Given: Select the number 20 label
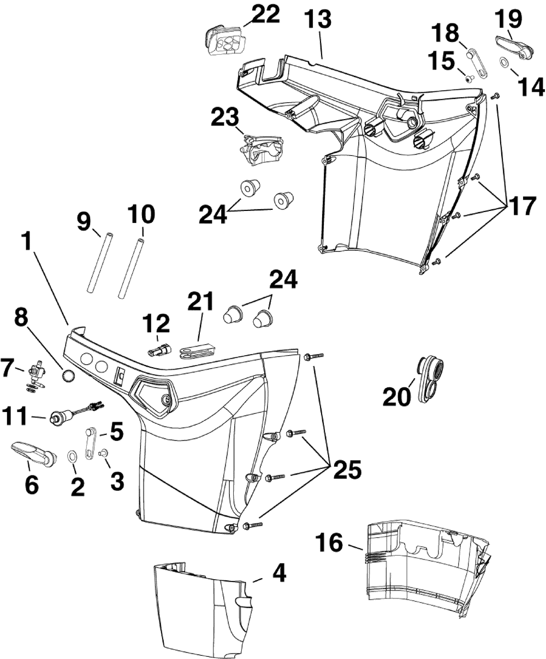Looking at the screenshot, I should point(397,397).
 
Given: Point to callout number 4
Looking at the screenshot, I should point(278,573).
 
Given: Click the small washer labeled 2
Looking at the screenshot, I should point(72,456).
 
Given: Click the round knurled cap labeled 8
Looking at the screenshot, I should point(69,377).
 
